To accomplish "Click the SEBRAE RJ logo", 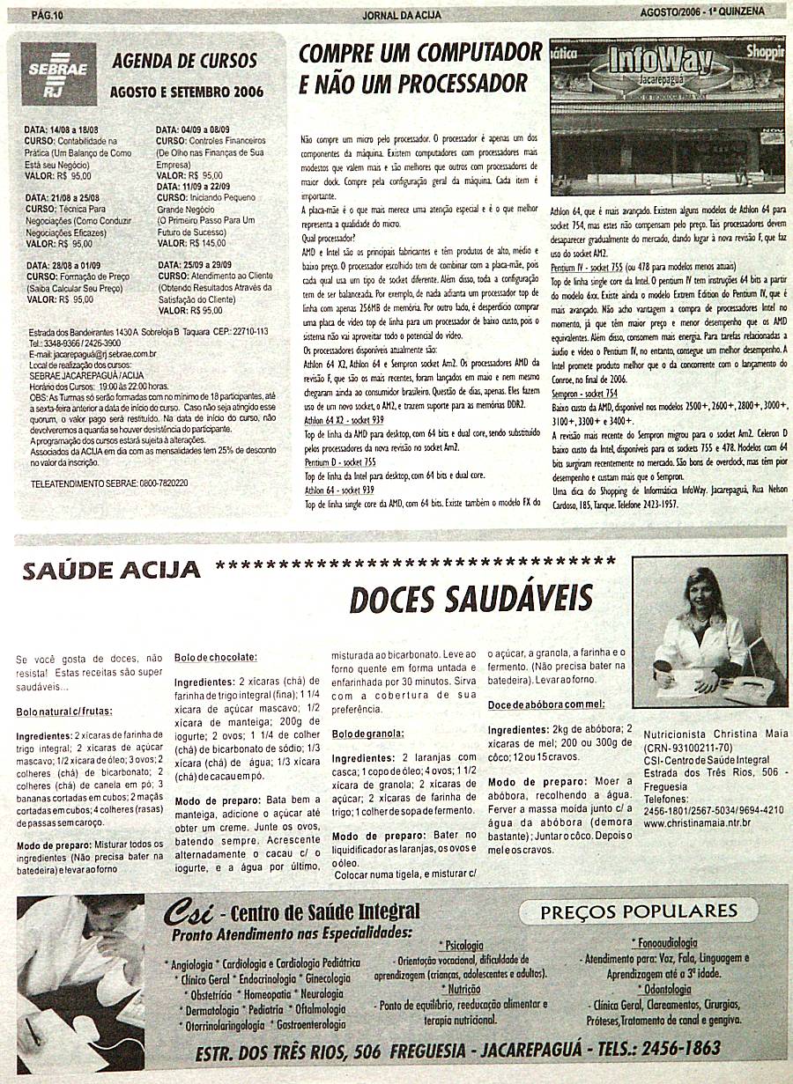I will (x=57, y=76).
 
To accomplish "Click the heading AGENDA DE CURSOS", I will (x=185, y=62).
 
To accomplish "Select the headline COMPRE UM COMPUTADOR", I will (x=420, y=53).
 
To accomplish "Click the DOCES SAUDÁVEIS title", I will (x=471, y=599).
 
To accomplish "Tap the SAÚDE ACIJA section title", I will (x=111, y=571).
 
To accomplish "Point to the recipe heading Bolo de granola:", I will (x=367, y=734).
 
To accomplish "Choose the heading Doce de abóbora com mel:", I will (x=546, y=704).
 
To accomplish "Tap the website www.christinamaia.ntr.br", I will (x=697, y=822).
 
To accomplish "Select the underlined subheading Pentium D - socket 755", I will (x=340, y=461).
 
